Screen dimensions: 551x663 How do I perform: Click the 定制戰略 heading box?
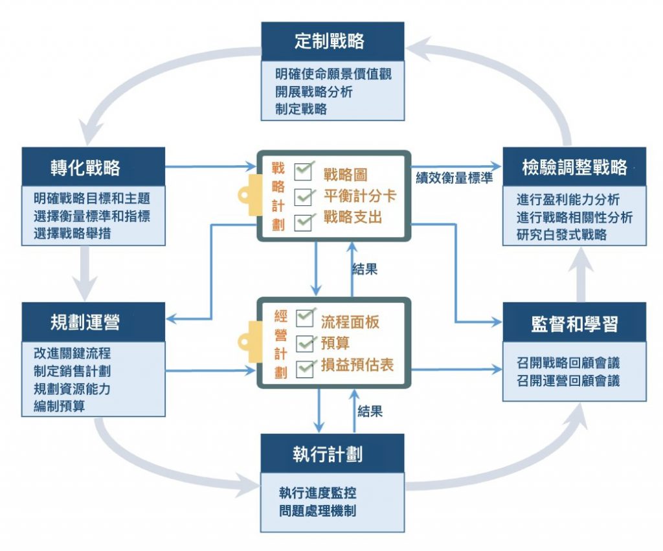tap(332, 42)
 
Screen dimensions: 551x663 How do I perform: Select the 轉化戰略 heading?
tap(93, 168)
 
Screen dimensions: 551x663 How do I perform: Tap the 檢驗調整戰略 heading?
tap(574, 168)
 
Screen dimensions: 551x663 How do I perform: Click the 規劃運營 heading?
tap(93, 322)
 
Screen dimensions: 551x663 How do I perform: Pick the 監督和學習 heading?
tap(574, 322)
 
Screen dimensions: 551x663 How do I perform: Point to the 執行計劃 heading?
tap(332, 453)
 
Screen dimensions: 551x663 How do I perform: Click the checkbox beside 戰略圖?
tap(304, 172)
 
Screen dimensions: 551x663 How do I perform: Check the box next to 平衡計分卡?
tap(304, 196)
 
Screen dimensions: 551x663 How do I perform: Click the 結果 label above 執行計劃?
tap(370, 410)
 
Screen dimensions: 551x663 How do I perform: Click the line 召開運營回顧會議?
tap(568, 381)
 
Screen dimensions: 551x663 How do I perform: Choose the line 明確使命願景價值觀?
tap(333, 74)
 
